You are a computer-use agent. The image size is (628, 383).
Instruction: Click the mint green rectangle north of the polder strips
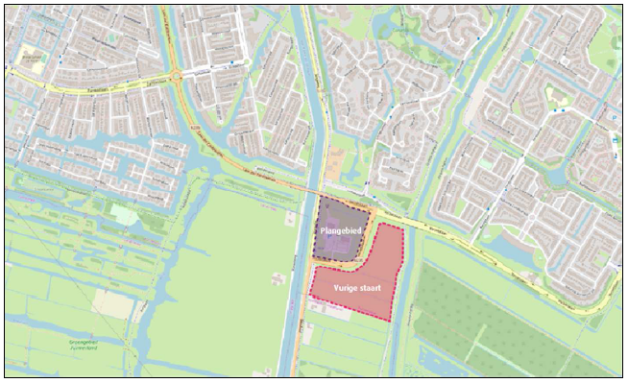pos(124,213)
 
